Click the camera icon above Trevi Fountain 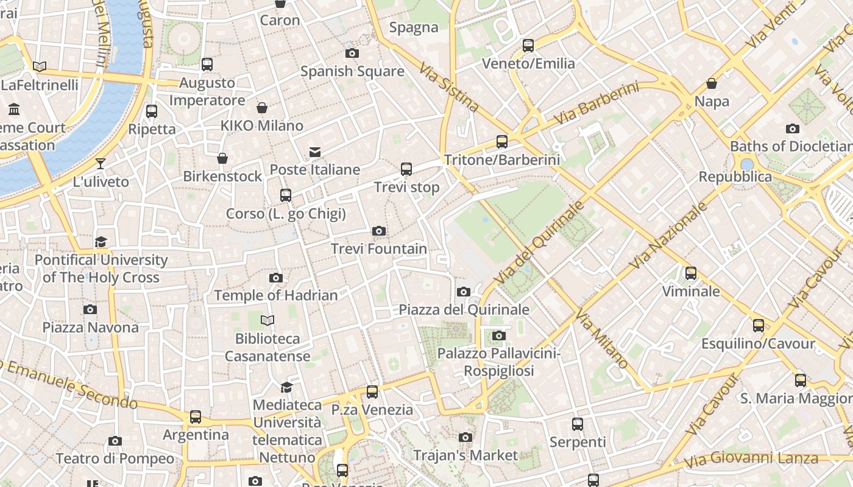379,231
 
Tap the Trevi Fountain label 379,249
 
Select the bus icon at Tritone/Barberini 502,142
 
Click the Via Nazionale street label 668,235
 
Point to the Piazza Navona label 90,328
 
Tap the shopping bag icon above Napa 712,83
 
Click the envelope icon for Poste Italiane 315,152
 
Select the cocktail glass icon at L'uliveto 101,164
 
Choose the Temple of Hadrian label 275,296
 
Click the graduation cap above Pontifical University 101,242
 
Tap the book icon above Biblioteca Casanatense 267,320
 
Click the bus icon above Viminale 691,273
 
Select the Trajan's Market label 465,455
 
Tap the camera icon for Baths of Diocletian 793,128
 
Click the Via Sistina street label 449,86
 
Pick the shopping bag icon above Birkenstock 222,158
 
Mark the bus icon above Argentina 196,417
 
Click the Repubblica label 735,177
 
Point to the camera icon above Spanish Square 352,54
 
